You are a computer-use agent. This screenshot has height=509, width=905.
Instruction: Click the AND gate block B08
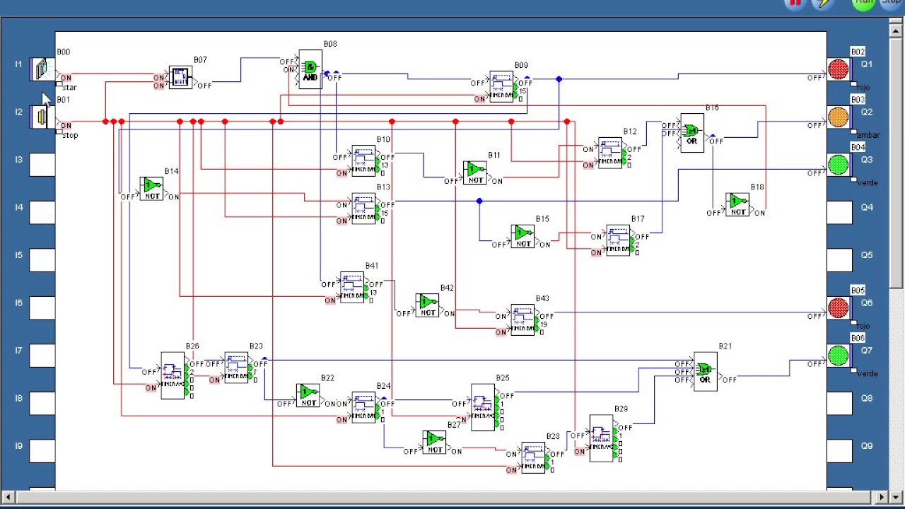pos(310,69)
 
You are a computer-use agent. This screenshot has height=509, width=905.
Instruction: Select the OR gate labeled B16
pos(691,133)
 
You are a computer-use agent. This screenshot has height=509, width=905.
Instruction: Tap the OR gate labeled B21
pos(705,371)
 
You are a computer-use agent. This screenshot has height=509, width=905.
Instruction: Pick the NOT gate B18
pos(737,204)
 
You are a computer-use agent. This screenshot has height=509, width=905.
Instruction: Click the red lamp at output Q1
pos(838,69)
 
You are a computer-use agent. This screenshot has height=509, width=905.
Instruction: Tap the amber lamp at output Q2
pos(838,117)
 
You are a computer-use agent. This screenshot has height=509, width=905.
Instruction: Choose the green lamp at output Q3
pos(838,165)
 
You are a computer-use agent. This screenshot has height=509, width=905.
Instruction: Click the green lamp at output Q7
pos(838,356)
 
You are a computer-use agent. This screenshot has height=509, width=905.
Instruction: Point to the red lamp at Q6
pos(838,308)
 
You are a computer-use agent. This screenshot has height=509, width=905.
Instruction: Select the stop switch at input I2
pos(42,117)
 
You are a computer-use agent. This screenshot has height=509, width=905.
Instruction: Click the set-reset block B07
pos(180,77)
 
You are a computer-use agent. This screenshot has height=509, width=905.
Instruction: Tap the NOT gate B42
pos(427,305)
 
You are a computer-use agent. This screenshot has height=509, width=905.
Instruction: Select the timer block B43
pos(522,320)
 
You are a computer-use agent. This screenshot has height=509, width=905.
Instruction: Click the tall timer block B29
pos(601,438)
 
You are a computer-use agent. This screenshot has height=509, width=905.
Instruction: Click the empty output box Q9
pos(839,450)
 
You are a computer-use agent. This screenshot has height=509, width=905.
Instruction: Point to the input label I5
pos(18,255)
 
